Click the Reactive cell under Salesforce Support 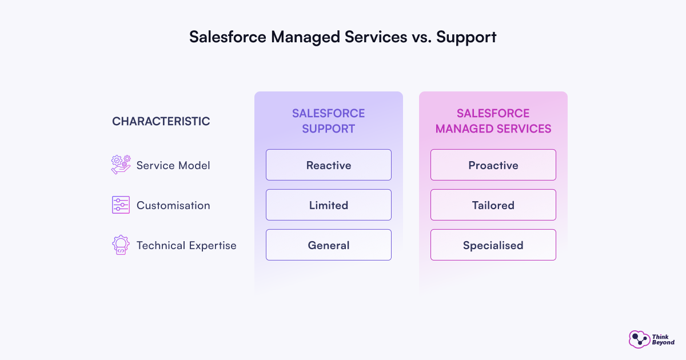pos(329,165)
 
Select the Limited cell pos(329,205)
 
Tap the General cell pos(329,245)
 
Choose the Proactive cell pos(493,165)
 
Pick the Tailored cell pos(493,205)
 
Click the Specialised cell pos(493,245)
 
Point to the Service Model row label pos(173,166)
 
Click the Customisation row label pos(173,206)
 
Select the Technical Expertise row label pos(186,246)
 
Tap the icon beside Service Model pos(121,165)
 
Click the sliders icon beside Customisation pos(121,205)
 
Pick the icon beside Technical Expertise pos(121,245)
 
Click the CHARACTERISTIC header pos(161,121)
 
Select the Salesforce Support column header pos(329,121)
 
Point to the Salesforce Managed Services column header pos(493,121)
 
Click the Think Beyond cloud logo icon pos(639,339)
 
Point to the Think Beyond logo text pos(663,339)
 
